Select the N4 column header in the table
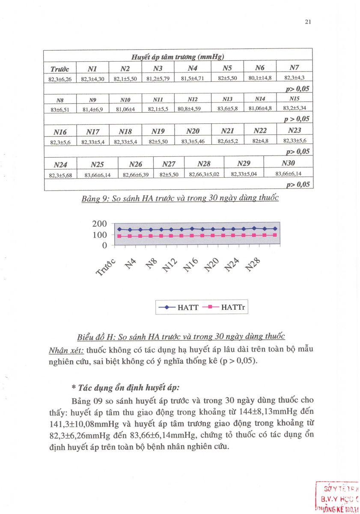pyautogui.click(x=192, y=68)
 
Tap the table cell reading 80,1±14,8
pyautogui.click(x=260, y=78)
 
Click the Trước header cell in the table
pyautogui.click(x=59, y=69)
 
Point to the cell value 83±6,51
pyautogui.click(x=60, y=109)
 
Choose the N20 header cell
pyautogui.click(x=193, y=131)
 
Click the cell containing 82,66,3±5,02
pyautogui.click(x=204, y=174)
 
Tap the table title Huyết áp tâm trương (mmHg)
pyautogui.click(x=178, y=57)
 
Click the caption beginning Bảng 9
pyautogui.click(x=180, y=198)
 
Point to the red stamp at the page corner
pyautogui.click(x=338, y=497)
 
